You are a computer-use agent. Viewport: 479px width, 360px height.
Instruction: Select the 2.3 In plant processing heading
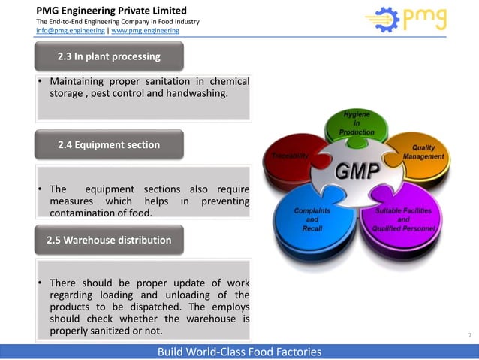coord(110,56)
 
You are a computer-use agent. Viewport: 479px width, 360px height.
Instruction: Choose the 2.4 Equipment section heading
coord(110,144)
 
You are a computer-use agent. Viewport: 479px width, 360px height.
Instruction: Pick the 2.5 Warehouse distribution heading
coord(110,240)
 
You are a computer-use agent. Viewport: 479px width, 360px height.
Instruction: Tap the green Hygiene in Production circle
coord(356,123)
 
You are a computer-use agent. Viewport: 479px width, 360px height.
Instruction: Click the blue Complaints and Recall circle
coord(312,219)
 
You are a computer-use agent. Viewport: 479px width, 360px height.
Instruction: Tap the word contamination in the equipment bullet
coord(85,213)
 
